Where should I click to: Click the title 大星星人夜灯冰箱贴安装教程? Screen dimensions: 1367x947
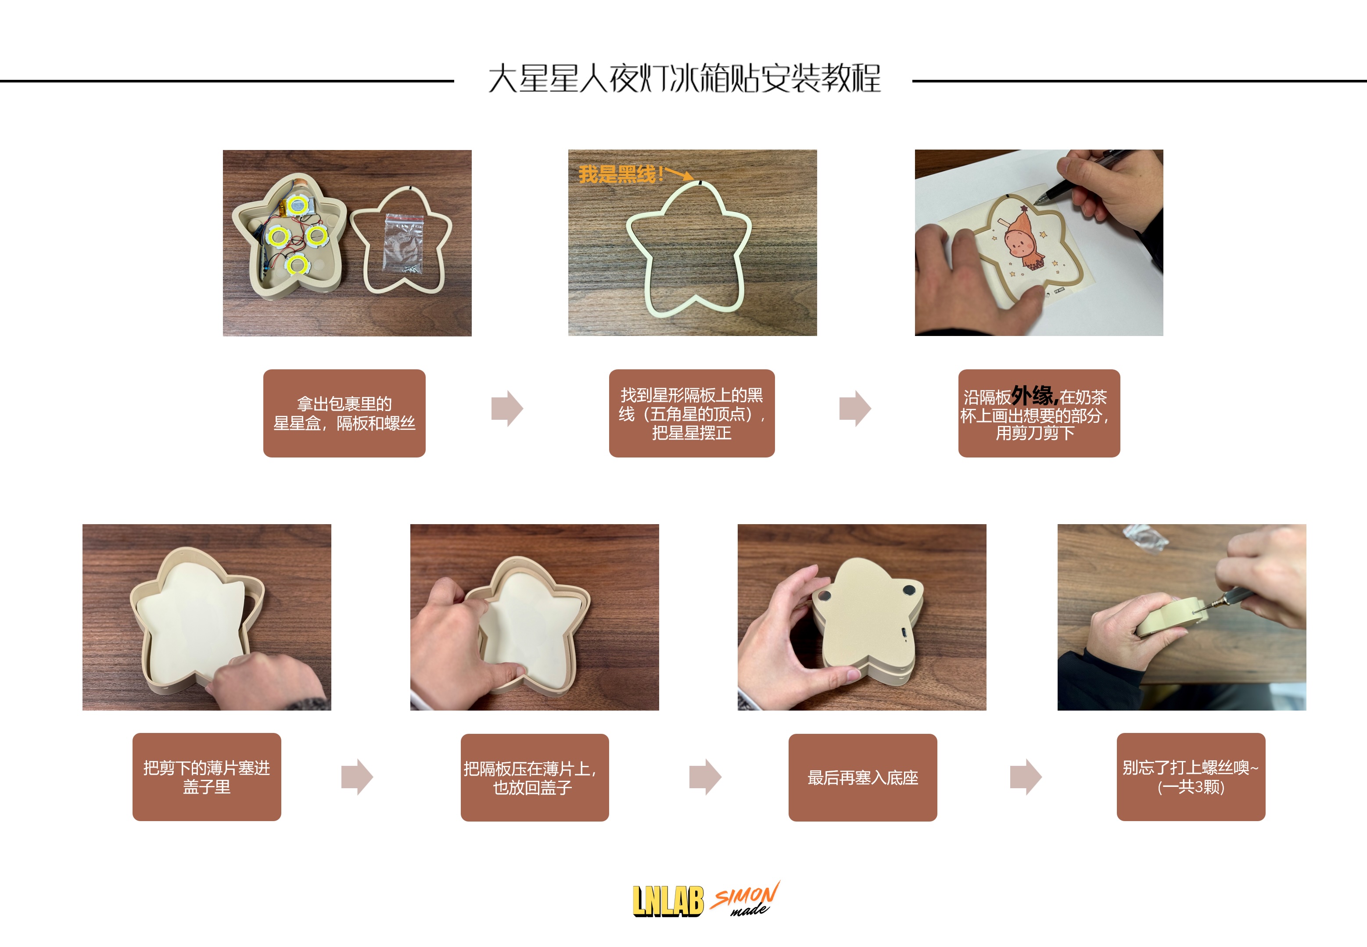coord(684,79)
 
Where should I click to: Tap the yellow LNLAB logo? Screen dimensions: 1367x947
coord(668,901)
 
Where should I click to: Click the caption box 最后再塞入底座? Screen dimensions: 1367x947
coord(862,777)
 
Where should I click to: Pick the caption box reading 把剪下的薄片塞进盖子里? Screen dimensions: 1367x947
coord(207,777)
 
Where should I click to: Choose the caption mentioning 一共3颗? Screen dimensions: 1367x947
coord(1191,777)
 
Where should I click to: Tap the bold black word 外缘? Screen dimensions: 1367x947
coord(1035,395)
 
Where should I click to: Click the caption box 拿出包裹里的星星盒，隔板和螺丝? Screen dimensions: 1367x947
coord(344,413)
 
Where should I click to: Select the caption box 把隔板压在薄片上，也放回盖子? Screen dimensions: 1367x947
coord(534,777)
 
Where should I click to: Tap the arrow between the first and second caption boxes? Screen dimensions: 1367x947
coord(507,409)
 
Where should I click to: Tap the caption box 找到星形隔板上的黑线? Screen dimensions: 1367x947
coord(692,413)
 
